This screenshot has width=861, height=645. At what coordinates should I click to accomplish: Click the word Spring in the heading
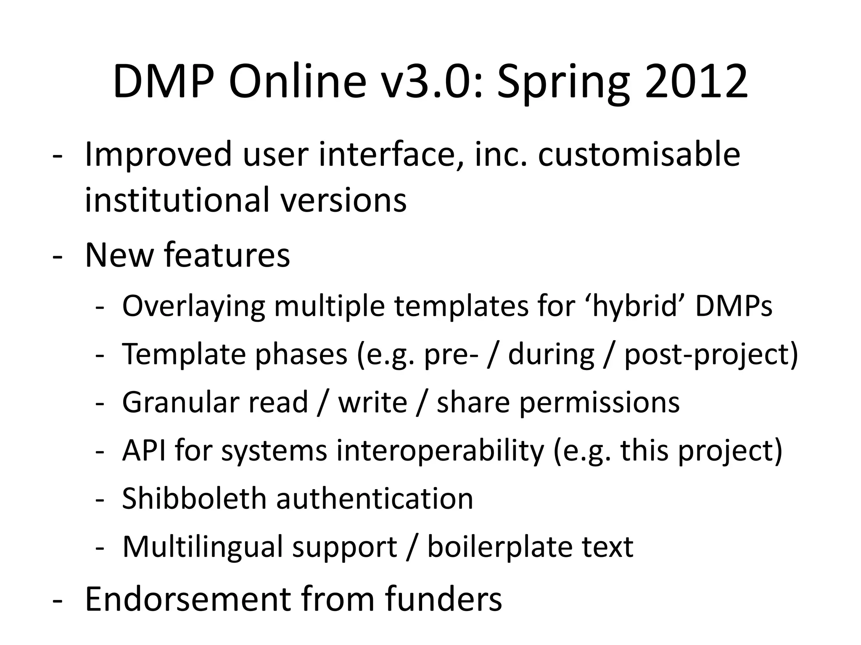(563, 84)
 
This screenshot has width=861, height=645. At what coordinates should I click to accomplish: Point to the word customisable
(639, 154)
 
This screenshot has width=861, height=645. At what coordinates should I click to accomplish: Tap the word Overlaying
(193, 307)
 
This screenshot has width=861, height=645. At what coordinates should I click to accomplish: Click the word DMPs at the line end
(734, 306)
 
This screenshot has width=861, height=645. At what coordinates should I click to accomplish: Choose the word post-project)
(711, 355)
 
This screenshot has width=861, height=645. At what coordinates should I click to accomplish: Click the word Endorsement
(188, 598)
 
